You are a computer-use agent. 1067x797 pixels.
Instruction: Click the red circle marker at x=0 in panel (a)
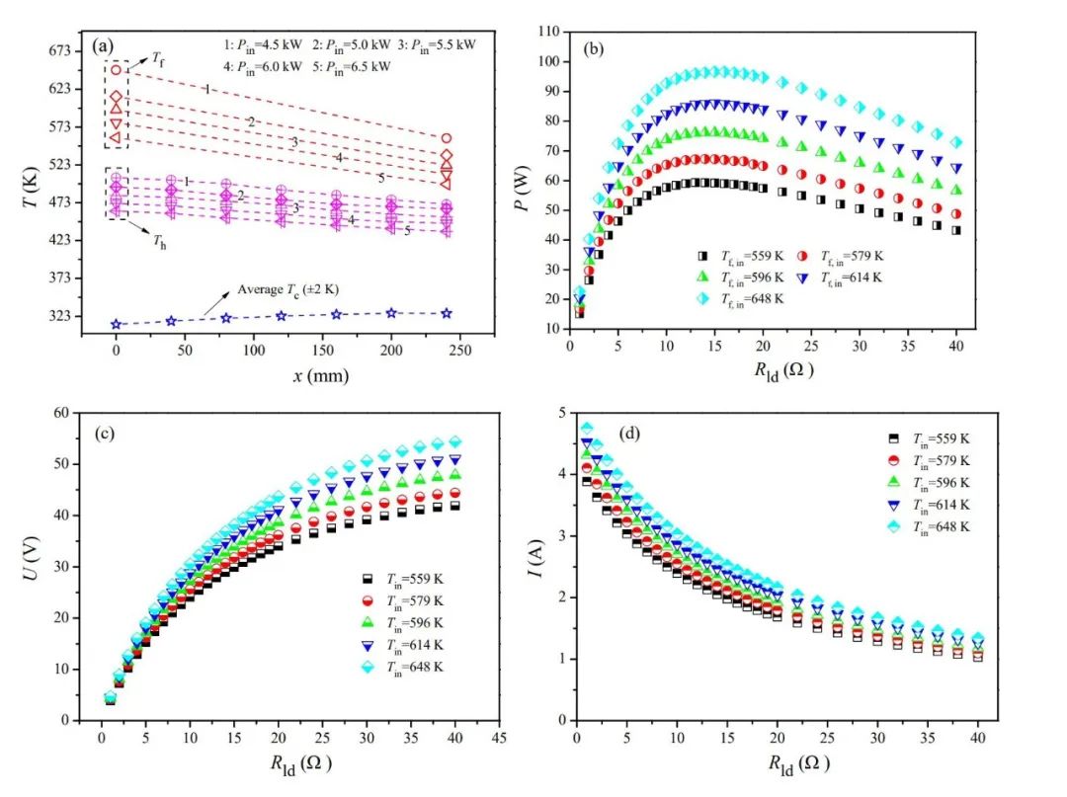(117, 70)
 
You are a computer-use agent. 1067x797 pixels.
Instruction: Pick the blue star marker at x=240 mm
(447, 313)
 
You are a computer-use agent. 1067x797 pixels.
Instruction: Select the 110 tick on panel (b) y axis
(553, 32)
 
